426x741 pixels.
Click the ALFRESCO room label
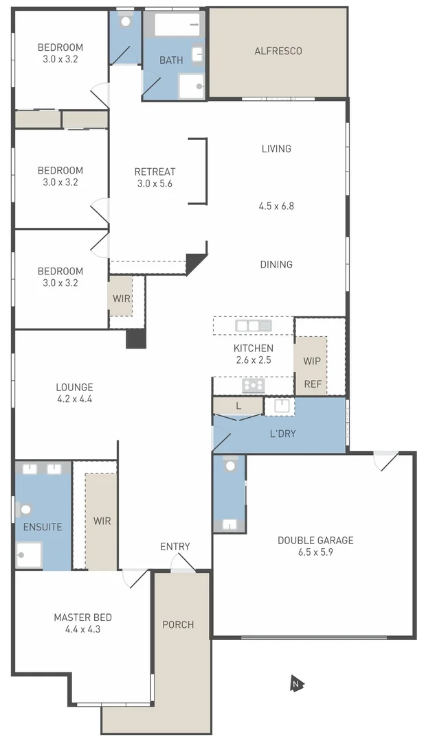pos(278,51)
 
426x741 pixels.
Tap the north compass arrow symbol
pos(296,683)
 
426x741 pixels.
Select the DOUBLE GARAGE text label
pos(315,540)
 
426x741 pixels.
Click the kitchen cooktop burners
pos(254,386)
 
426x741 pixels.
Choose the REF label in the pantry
pos(313,384)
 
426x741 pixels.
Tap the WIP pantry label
pos(313,361)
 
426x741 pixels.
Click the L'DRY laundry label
pos(282,434)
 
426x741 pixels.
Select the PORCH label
pos(178,624)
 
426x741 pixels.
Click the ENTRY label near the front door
pos(175,546)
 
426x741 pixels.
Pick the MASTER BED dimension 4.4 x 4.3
pos(82,628)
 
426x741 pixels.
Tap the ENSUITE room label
pos(43,527)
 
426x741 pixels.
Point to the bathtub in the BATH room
pos(177,25)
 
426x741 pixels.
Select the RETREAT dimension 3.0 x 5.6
pos(155,183)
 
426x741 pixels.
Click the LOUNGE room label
pos(75,387)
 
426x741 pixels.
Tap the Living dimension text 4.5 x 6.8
pos(276,205)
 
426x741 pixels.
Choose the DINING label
pos(276,264)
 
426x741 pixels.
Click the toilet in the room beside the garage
pos(230,466)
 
